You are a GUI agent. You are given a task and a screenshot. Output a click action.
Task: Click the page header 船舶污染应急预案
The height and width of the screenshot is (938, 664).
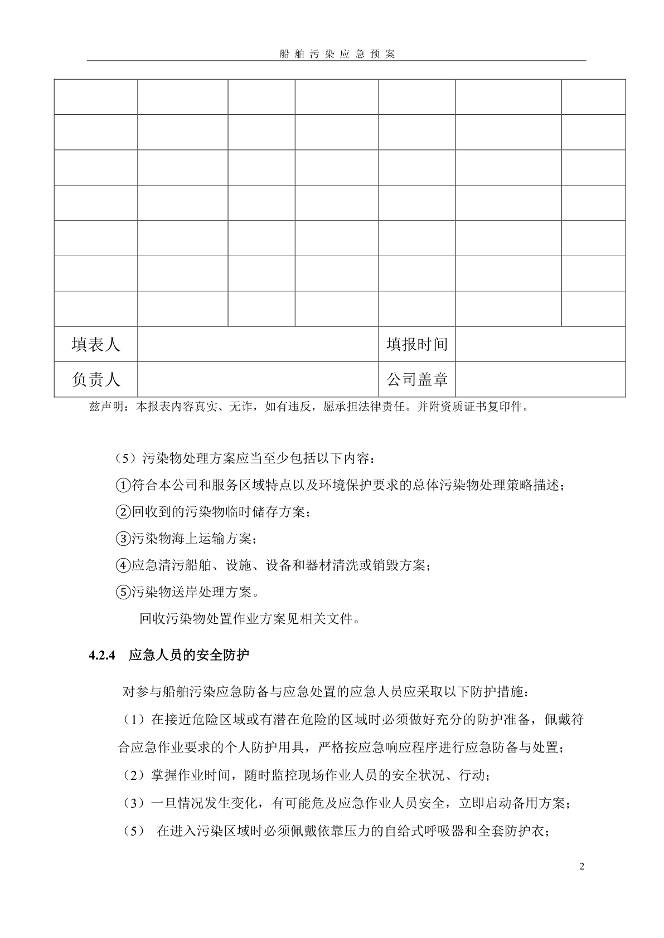pos(337,54)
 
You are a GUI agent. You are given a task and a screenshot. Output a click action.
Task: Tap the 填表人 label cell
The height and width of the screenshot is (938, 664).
pos(96,344)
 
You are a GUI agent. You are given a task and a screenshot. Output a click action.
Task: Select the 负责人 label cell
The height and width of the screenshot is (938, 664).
pos(96,379)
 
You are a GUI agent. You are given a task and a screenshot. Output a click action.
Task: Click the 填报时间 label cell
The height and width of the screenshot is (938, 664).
pos(417,344)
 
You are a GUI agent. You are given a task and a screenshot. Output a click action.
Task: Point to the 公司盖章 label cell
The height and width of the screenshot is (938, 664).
pos(417,379)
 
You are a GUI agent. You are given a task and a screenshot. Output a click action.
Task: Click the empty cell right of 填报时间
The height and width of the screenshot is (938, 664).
pos(540,344)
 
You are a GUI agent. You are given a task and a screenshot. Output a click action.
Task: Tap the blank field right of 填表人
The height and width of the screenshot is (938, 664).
pos(258,344)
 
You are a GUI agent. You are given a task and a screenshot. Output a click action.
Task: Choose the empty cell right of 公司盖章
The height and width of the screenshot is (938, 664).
pos(540,379)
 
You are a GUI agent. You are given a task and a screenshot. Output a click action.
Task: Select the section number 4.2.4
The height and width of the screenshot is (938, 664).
pos(101,656)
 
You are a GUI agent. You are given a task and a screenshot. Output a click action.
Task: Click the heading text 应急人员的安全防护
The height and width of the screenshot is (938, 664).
pos(189,656)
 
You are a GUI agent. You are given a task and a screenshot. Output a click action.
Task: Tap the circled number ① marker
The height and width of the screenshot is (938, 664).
pos(123,486)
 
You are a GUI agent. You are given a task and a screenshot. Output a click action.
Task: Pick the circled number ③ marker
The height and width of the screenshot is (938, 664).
pos(123,539)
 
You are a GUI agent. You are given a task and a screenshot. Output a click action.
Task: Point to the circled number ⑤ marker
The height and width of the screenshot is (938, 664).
pos(123,592)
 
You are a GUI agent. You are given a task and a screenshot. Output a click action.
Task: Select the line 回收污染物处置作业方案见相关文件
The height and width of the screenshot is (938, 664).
pos(249,618)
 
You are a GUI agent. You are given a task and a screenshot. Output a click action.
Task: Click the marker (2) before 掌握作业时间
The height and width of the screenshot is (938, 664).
pos(133,775)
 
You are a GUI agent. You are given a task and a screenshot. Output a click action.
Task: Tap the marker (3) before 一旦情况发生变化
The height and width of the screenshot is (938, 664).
pos(133,803)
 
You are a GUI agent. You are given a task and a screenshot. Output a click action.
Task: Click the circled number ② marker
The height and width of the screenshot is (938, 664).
pos(123,512)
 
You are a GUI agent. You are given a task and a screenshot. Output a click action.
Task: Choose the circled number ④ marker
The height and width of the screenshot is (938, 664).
pos(123,566)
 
